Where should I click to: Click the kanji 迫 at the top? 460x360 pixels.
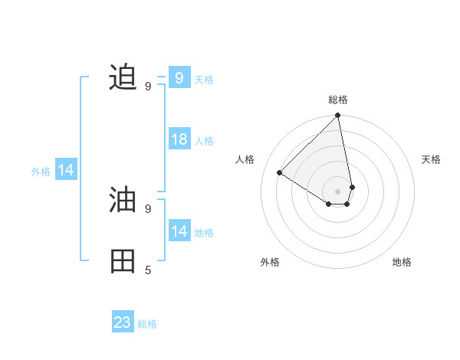(x=123, y=77)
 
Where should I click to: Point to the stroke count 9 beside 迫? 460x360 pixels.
(x=148, y=86)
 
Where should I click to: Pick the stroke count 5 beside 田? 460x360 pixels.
(x=148, y=270)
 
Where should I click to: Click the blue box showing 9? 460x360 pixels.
(x=179, y=77)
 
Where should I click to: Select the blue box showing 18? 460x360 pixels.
(x=179, y=139)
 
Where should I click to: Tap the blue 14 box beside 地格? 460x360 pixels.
(x=179, y=231)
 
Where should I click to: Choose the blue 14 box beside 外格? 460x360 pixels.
(x=66, y=170)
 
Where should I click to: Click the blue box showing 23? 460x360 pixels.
(x=123, y=322)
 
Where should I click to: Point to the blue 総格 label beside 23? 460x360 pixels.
(x=147, y=324)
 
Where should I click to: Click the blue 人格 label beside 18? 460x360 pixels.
(x=204, y=141)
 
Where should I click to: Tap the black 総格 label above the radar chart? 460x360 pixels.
(x=338, y=100)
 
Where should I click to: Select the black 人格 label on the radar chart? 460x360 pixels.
(x=245, y=159)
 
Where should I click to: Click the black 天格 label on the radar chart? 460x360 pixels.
(x=432, y=159)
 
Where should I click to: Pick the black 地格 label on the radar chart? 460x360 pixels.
(x=402, y=262)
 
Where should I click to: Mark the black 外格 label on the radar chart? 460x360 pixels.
(x=270, y=262)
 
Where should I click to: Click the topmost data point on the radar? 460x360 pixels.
(x=338, y=116)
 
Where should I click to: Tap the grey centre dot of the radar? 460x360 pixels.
(x=338, y=191)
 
